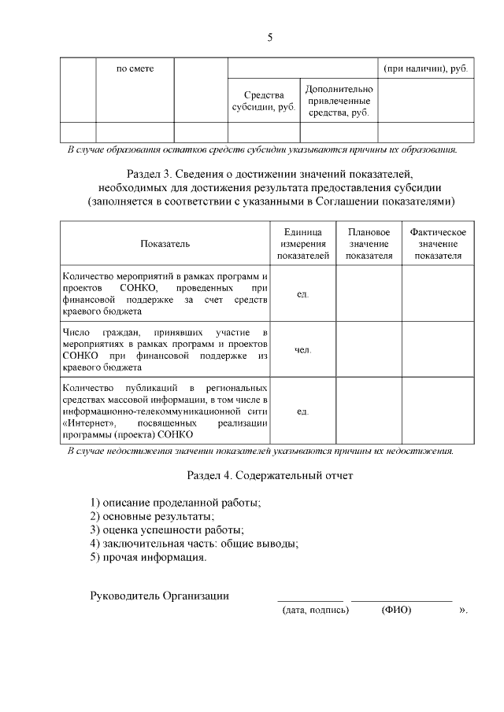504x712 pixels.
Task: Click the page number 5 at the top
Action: [x=269, y=37]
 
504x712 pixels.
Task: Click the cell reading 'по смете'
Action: [x=135, y=69]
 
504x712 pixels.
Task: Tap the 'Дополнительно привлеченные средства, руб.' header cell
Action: [x=339, y=101]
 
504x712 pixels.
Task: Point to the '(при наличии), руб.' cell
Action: [x=426, y=69]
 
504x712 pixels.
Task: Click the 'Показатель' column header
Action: [x=165, y=244]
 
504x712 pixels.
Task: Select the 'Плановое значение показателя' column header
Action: [x=369, y=244]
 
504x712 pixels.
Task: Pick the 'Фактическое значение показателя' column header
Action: [x=438, y=244]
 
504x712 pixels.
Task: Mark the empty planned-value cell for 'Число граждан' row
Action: [x=369, y=349]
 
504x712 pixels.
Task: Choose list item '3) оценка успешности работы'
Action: [x=167, y=529]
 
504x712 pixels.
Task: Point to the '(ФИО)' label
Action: [x=396, y=610]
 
